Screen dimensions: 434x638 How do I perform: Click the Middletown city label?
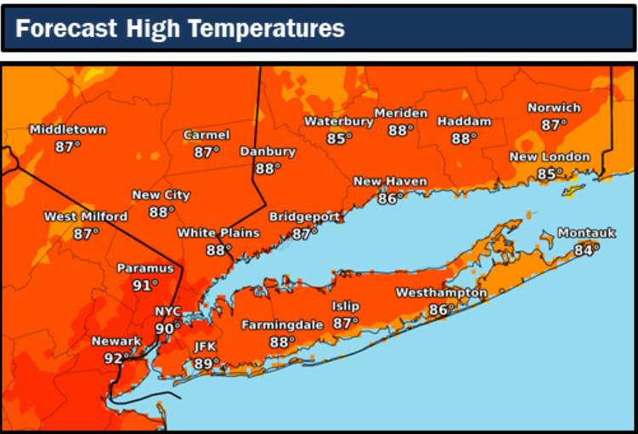click(x=68, y=130)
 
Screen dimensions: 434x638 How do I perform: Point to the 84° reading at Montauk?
click(x=585, y=250)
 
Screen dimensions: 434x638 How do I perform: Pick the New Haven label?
click(x=390, y=182)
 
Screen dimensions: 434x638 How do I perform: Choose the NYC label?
click(x=168, y=312)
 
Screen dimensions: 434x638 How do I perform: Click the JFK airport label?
click(x=206, y=347)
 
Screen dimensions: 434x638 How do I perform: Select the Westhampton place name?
click(x=441, y=293)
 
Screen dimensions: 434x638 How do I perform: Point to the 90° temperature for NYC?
click(x=167, y=329)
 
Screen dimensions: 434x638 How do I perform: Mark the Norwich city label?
click(x=554, y=108)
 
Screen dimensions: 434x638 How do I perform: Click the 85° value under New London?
click(x=550, y=174)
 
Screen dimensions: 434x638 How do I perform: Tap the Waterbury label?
click(x=339, y=121)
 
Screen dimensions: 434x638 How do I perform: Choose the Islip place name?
click(x=346, y=307)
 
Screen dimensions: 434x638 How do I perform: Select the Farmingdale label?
click(x=282, y=325)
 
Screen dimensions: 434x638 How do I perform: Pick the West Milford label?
click(x=86, y=217)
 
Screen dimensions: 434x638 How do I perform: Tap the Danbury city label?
click(x=268, y=152)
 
